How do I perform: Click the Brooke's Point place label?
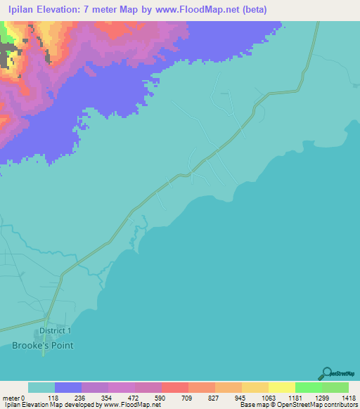point(42,345)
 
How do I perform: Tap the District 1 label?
point(55,330)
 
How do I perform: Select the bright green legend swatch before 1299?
point(308,387)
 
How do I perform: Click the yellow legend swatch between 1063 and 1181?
point(281,387)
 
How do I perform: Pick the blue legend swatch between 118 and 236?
point(68,387)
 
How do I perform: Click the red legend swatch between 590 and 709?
point(174,387)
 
